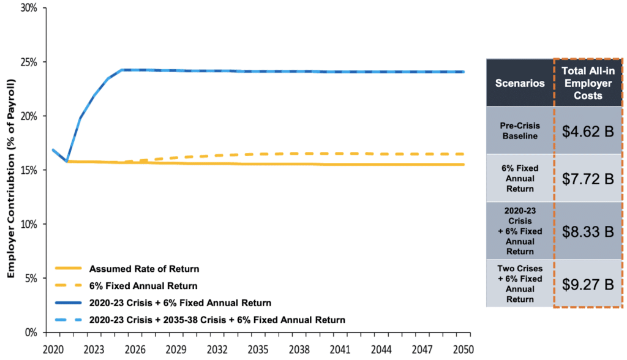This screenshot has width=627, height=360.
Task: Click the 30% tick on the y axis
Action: pyautogui.click(x=29, y=9)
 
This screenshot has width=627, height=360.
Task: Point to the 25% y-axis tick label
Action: pyautogui.click(x=29, y=62)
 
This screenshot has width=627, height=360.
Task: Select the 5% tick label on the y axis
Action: pyautogui.click(x=31, y=278)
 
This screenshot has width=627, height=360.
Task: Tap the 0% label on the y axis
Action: pyautogui.click(x=31, y=332)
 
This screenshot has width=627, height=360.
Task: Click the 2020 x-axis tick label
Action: pyautogui.click(x=53, y=351)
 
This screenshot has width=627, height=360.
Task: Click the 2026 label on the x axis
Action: pyautogui.click(x=135, y=351)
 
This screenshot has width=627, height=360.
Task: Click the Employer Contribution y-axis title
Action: pyautogui.click(x=10, y=178)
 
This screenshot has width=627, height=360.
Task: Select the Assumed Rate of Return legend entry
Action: pyautogui.click(x=144, y=268)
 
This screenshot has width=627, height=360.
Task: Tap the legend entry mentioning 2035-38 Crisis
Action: pyautogui.click(x=217, y=320)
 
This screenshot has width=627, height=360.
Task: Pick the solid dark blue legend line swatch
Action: pyautogui.click(x=68, y=302)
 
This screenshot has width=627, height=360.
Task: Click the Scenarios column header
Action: pyautogui.click(x=520, y=83)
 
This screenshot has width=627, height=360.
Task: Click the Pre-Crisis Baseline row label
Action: pyautogui.click(x=520, y=130)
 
